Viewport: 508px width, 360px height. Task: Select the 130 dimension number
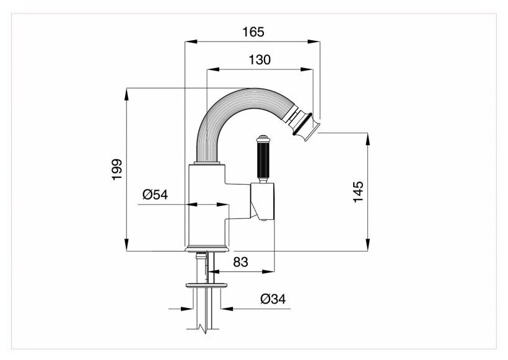tap(258, 60)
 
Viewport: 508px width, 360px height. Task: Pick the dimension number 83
tap(242, 263)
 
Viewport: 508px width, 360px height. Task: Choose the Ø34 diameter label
tap(273, 299)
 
